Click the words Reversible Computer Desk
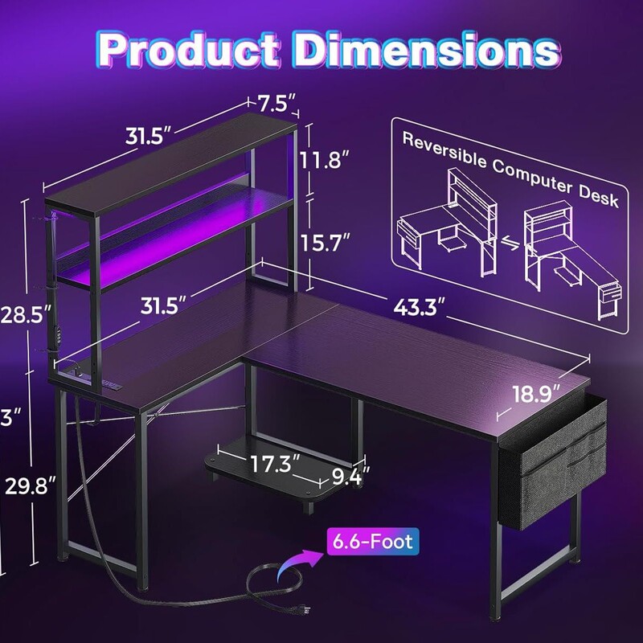point(510,170)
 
